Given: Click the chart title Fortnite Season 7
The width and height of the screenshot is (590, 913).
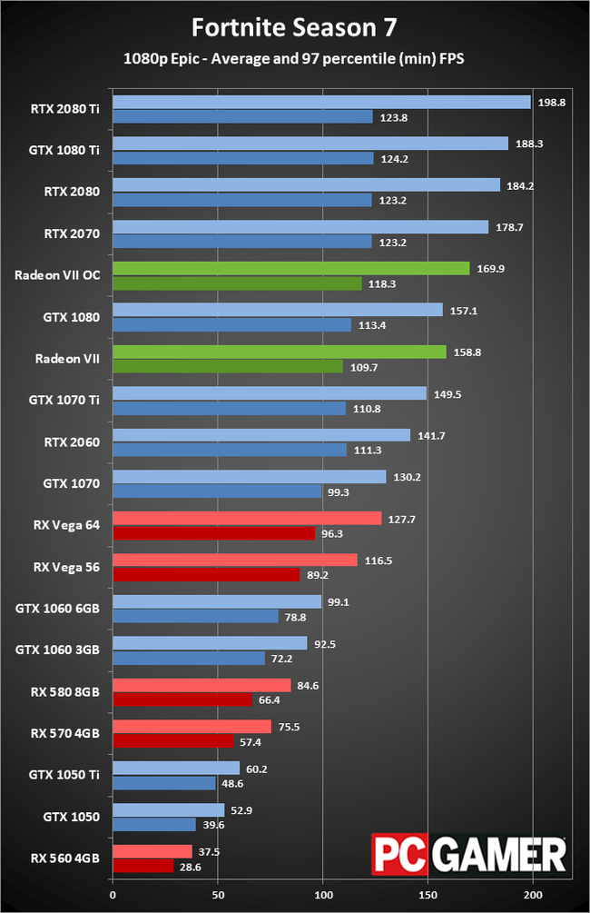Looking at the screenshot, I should [295, 27].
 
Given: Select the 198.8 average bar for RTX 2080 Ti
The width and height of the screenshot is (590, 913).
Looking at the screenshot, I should [321, 103].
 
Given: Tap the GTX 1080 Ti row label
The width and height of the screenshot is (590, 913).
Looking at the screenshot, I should [64, 151].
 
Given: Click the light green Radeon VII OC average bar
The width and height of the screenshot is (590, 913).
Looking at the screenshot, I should [290, 268].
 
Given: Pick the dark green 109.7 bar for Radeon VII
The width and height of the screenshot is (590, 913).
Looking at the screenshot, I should [227, 366].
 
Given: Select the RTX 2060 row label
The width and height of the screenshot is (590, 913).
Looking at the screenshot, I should [72, 442].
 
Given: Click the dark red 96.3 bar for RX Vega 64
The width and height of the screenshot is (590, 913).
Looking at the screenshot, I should [213, 533].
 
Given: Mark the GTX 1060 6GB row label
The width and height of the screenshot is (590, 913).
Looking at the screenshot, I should [58, 609].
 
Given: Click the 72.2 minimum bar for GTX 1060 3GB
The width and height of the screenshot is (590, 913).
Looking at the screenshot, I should [188, 659].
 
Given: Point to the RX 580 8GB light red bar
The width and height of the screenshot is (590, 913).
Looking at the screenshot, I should [202, 685].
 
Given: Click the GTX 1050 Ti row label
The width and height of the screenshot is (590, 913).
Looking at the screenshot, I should [64, 775].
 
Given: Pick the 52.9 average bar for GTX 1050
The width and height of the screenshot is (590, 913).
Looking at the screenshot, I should [168, 810].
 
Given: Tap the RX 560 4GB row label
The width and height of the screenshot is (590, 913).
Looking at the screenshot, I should [65, 858].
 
